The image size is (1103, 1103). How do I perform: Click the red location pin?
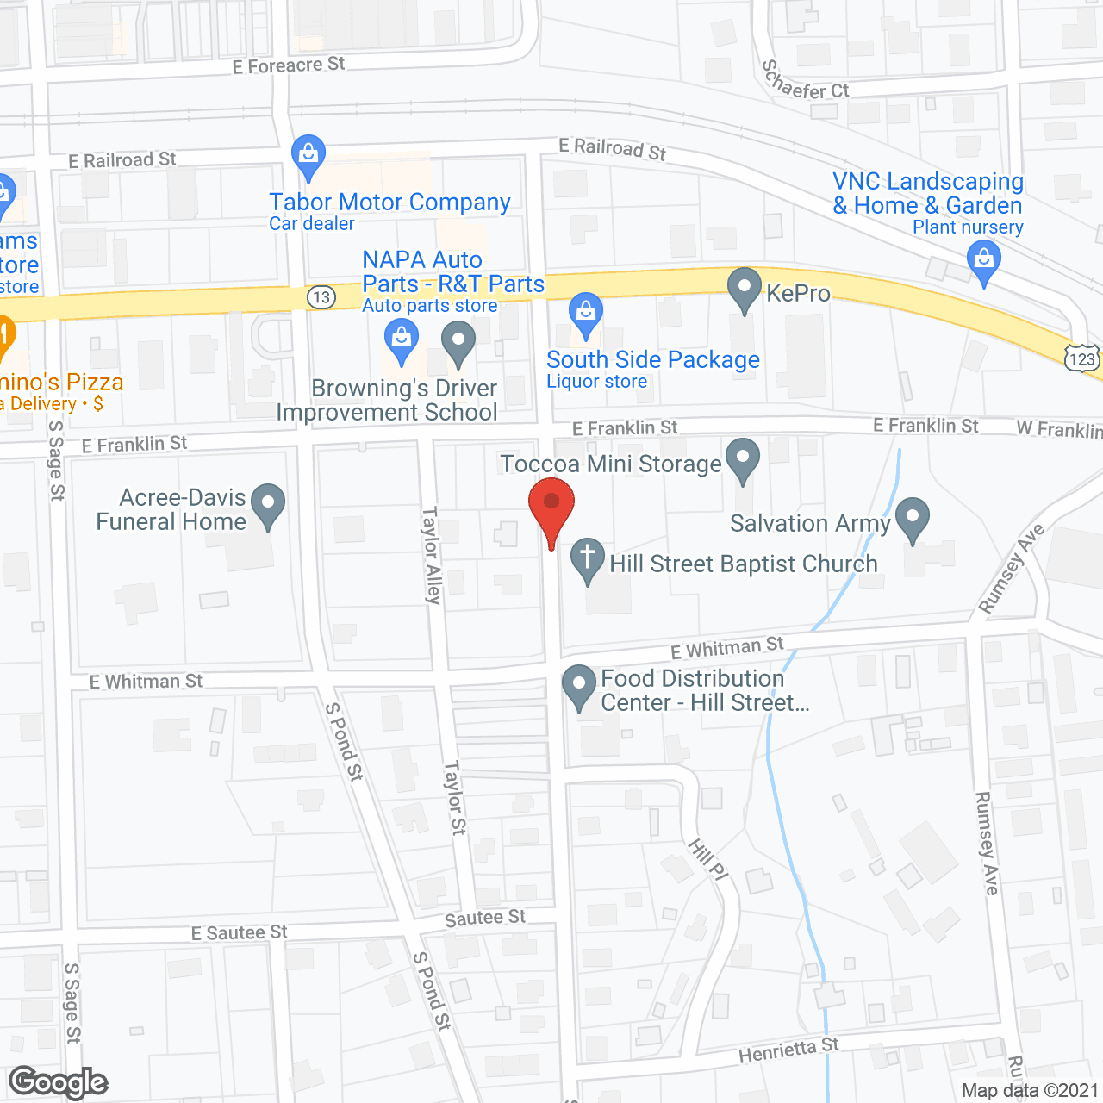[x=551, y=508]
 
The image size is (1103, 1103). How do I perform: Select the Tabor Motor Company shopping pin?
[x=308, y=155]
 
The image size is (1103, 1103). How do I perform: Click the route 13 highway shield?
[x=321, y=297]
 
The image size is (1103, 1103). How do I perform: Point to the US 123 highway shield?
[x=1081, y=358]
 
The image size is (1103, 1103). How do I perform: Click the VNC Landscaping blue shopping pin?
[x=983, y=260]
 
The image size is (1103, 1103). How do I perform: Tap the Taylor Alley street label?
[x=432, y=555]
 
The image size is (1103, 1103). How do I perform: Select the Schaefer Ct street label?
[x=805, y=82]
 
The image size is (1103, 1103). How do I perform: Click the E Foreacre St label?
[x=289, y=65]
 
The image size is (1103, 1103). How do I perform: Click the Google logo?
[x=59, y=1082]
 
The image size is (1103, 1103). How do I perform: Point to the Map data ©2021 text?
[x=1030, y=1091]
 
